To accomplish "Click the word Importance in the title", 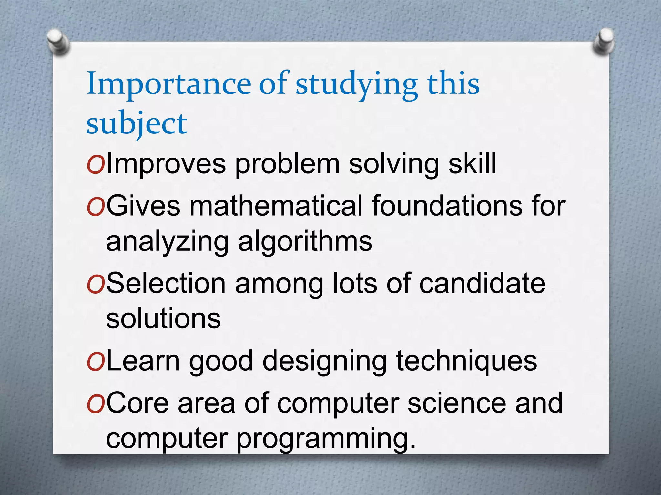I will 168,84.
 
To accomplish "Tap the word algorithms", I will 305,242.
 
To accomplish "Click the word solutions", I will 163,319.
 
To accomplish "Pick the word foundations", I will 447,206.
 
